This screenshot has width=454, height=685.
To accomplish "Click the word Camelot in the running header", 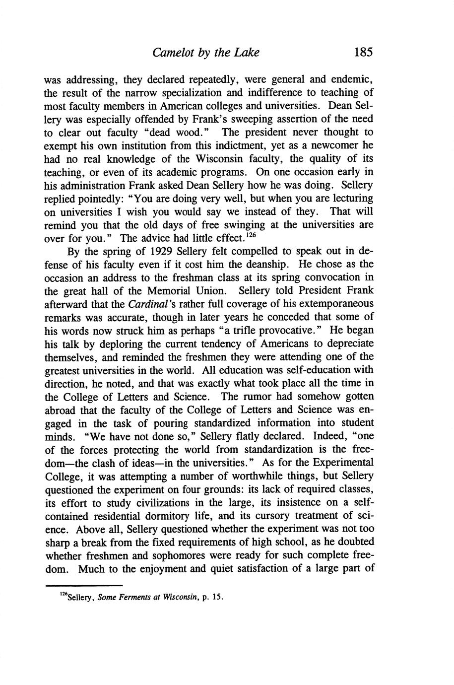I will point(173,52).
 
